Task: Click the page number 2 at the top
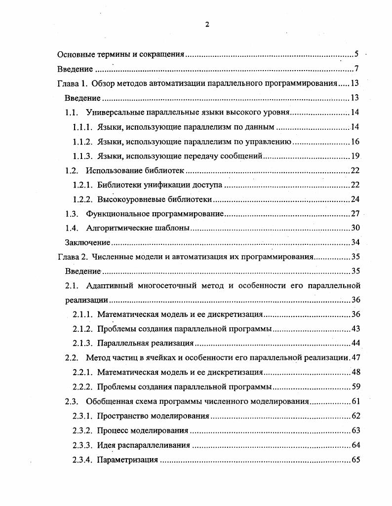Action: click(x=207, y=25)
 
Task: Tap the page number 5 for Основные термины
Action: click(x=357, y=54)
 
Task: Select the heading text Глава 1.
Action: click(x=73, y=83)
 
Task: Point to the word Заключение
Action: click(x=87, y=242)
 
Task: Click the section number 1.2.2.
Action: click(x=82, y=199)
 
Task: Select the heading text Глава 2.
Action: click(x=73, y=257)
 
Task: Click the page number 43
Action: click(x=355, y=329)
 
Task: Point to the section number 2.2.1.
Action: click(x=82, y=372)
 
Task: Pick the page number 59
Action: click(x=355, y=387)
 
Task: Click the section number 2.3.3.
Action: click(x=82, y=445)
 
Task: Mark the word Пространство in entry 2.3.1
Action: click(x=121, y=416)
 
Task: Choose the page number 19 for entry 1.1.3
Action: click(x=355, y=156)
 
